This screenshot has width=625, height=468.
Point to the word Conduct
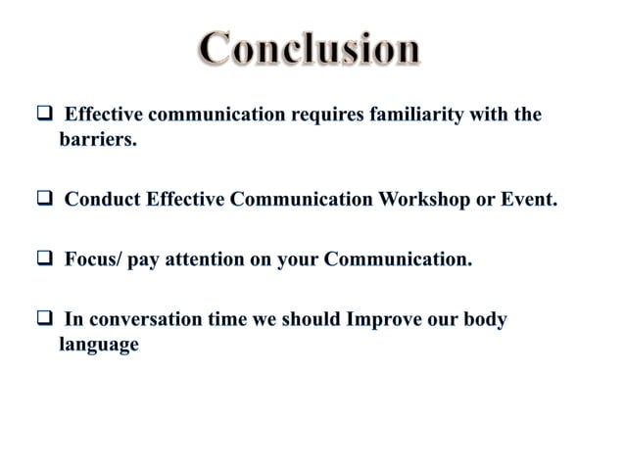click(x=103, y=202)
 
